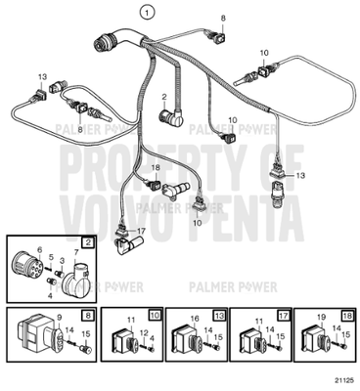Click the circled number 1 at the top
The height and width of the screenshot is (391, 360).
146,12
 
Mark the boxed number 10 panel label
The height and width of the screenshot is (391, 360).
154,315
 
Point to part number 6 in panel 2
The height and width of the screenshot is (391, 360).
39,251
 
